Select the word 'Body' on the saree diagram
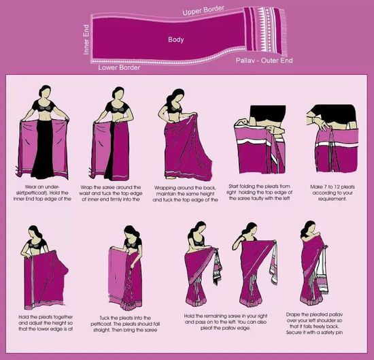coord(176,40)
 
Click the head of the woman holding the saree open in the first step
coord(46,93)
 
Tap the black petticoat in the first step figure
coord(46,146)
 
